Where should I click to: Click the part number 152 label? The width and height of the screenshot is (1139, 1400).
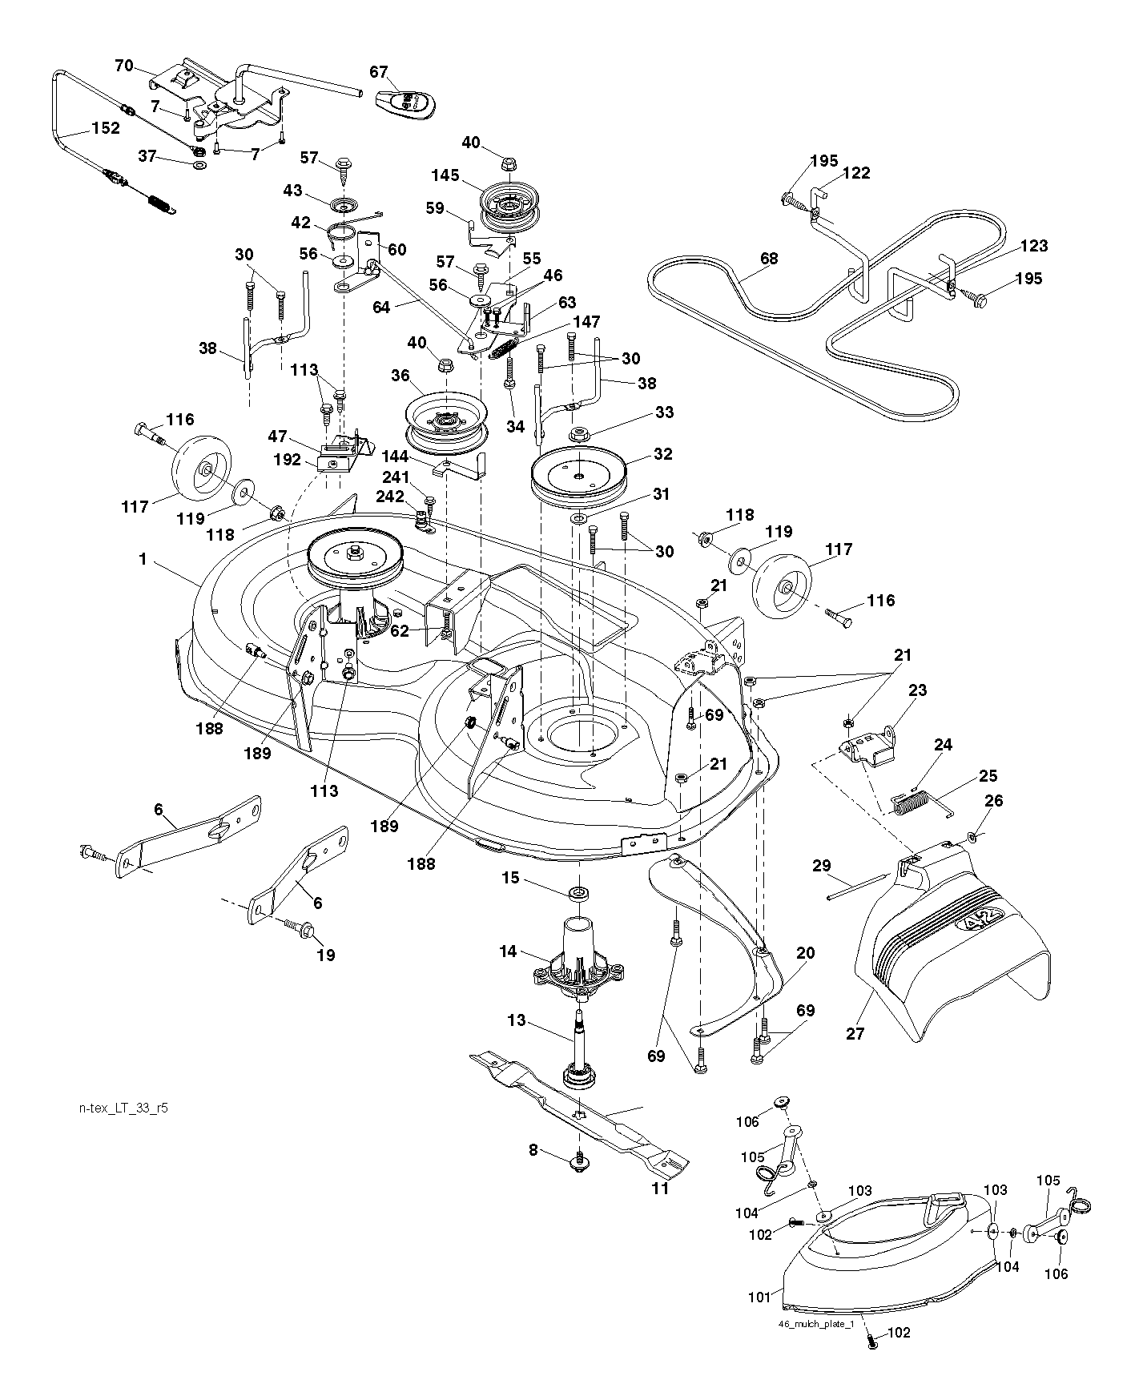105,128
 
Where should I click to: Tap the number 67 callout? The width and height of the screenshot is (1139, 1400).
379,72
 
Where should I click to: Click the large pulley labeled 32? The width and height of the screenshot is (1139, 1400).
579,479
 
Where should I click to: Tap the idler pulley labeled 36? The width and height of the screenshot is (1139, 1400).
443,420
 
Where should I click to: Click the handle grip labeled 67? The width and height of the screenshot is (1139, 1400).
408,103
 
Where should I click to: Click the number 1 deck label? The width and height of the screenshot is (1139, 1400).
143,559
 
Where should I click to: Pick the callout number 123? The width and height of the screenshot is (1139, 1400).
1033,246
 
